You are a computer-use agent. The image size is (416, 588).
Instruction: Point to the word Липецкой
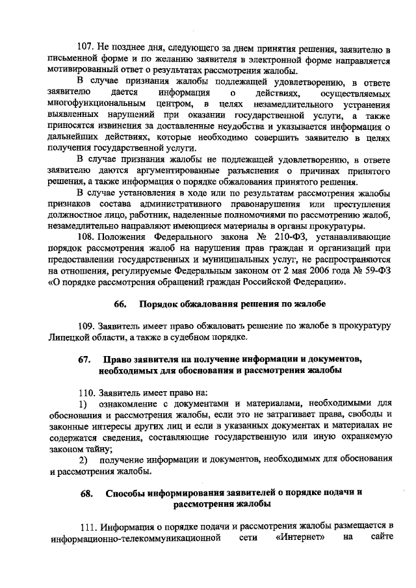coord(68,336)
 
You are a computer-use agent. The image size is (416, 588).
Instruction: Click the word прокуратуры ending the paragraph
coord(333,226)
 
